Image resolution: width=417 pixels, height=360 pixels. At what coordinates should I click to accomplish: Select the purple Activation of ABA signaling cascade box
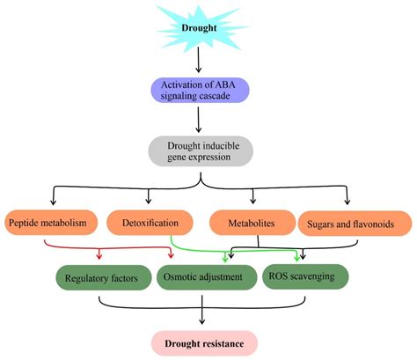tap(203, 91)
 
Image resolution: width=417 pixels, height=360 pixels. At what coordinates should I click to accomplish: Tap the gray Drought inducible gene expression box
tap(203, 151)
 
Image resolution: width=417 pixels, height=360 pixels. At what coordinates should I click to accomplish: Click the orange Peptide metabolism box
tap(50, 224)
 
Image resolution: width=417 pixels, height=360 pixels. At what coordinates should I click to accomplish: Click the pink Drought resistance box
tap(203, 340)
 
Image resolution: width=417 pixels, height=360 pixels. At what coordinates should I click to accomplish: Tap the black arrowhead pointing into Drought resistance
tap(203, 323)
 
